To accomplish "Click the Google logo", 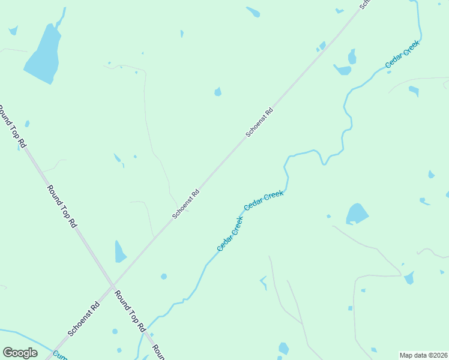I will click(x=20, y=352).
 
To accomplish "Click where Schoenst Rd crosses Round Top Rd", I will click(x=112, y=286).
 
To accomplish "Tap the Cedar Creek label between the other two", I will click(x=264, y=200).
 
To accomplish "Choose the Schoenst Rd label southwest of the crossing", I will click(x=83, y=319).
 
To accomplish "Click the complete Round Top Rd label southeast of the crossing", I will click(x=131, y=311).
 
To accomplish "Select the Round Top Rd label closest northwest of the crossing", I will click(x=63, y=206).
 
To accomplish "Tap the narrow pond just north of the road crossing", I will click(x=120, y=252).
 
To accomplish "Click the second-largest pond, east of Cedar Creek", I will click(x=357, y=214).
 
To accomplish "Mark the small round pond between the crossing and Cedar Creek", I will click(x=163, y=277).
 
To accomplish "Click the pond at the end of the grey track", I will click(x=409, y=278).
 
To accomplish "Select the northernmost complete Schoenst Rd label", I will click(x=259, y=122).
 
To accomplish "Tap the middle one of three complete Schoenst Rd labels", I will click(x=185, y=204).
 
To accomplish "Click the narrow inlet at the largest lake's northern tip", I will click(x=61, y=20).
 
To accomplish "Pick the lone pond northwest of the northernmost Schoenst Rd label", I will click(x=218, y=92).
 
